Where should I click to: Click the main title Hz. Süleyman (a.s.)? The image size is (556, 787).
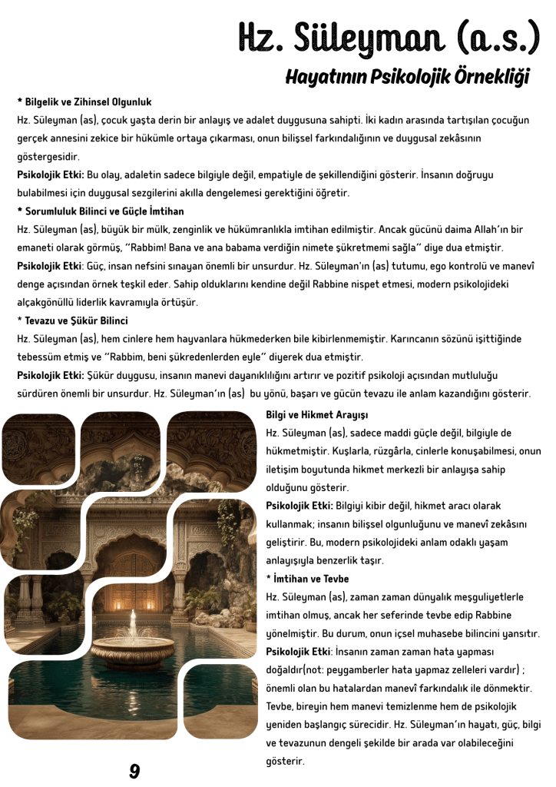click(389, 35)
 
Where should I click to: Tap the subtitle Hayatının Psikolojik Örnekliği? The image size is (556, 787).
click(407, 77)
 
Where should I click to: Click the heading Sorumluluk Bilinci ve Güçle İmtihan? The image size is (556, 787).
click(101, 211)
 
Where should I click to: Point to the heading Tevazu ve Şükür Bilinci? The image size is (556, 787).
click(73, 320)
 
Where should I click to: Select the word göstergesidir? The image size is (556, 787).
click(48, 157)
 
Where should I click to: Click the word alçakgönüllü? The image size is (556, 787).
click(47, 302)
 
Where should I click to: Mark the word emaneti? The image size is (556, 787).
click(38, 247)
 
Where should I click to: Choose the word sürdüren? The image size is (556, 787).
click(40, 393)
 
